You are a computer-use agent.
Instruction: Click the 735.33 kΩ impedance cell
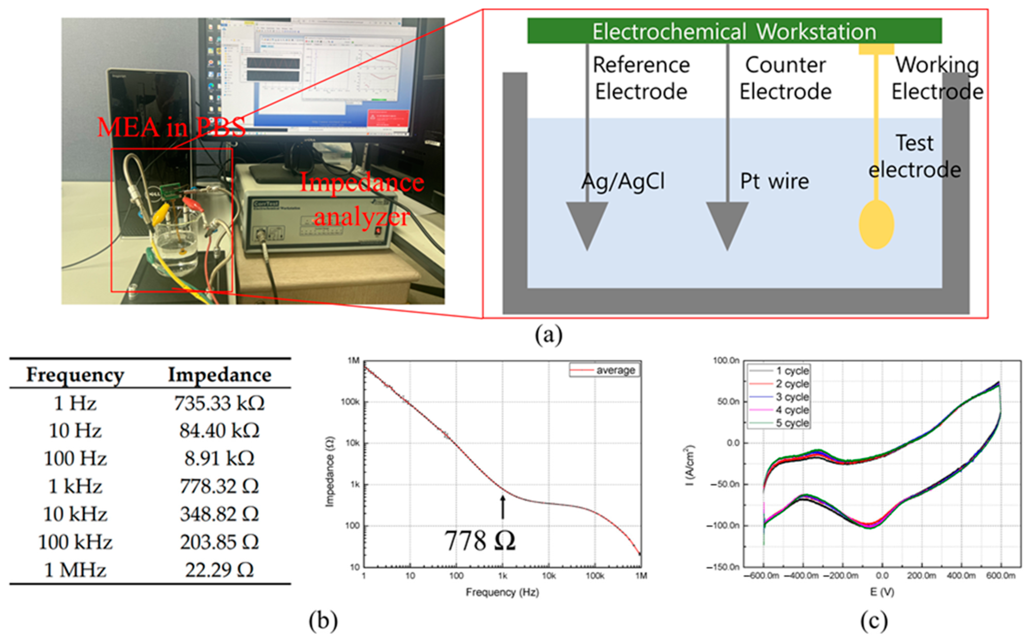[x=219, y=403]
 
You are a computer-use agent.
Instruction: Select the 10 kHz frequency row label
[x=75, y=514]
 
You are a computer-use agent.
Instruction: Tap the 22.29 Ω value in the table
[x=219, y=570]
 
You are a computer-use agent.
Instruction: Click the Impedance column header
[x=219, y=375]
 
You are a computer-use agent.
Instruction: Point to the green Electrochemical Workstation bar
[x=734, y=31]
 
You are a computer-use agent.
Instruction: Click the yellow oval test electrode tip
[x=876, y=225]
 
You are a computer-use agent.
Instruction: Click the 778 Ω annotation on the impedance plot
[x=480, y=541]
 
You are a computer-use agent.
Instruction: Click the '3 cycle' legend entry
[x=792, y=397]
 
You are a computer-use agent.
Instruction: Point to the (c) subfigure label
[x=874, y=621]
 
